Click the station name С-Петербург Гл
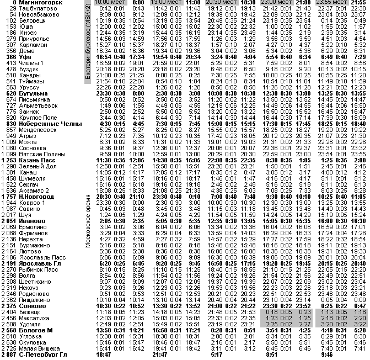click(x=42, y=354)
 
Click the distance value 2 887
click(x=9, y=354)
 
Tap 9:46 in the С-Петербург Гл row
click(x=326, y=354)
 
